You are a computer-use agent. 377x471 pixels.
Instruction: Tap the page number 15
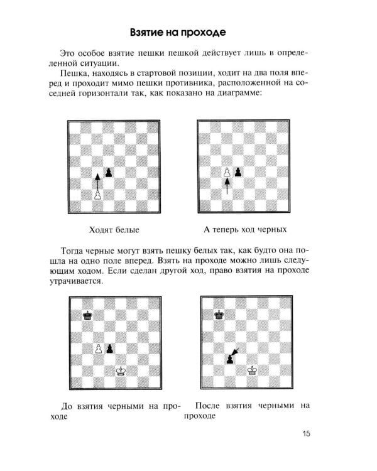point(306,433)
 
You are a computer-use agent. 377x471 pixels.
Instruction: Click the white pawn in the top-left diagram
point(97,195)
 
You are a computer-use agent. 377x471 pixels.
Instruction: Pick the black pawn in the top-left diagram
point(109,172)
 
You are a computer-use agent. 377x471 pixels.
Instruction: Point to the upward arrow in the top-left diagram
point(97,182)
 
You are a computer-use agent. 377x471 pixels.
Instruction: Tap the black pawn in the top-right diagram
point(238,172)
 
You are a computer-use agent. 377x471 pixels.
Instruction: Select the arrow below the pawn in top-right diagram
point(227,187)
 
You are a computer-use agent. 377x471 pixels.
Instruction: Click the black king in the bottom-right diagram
point(219,315)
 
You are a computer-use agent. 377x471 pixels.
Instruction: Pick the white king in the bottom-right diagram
point(253,371)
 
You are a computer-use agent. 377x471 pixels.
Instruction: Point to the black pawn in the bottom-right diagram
point(230,359)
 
